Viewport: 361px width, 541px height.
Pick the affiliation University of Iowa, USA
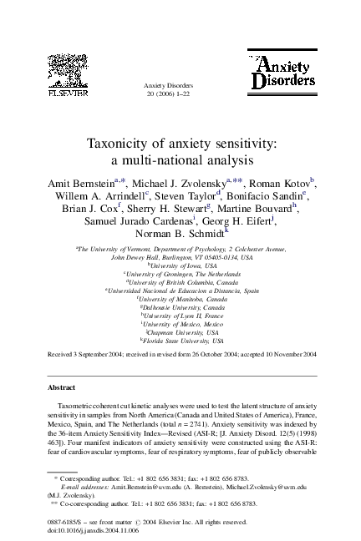[180, 265]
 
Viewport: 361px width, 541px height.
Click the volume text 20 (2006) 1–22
[180, 94]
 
